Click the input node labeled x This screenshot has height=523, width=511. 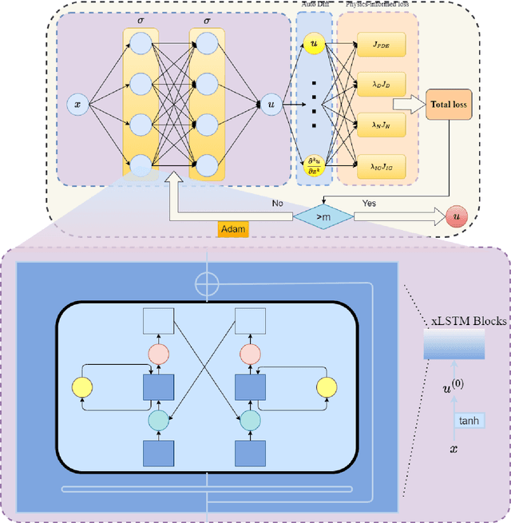77,104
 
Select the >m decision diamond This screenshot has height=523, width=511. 323,216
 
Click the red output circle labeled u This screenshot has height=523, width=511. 457,216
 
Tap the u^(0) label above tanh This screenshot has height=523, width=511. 454,388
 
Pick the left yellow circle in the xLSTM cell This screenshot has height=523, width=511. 83,387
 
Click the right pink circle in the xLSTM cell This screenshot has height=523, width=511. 250,353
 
